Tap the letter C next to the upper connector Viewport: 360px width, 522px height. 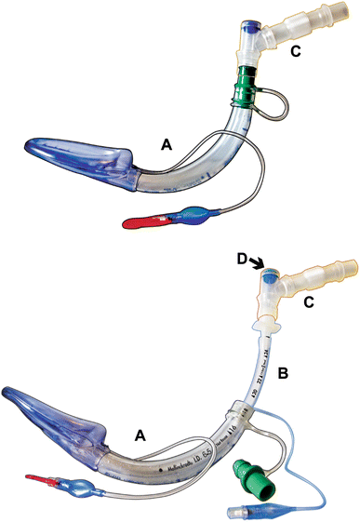click(294, 51)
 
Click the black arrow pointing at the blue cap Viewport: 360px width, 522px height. click(261, 265)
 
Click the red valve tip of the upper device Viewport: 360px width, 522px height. click(141, 221)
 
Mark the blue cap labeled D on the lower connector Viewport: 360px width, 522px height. click(269, 277)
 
